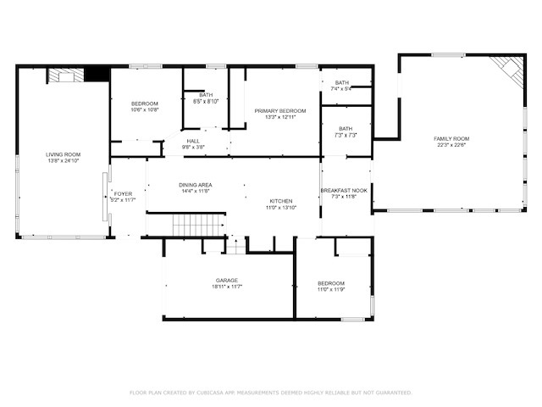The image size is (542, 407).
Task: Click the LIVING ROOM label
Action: (x=64, y=154)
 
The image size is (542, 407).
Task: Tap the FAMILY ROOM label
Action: (x=451, y=138)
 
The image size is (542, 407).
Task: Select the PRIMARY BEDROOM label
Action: (x=280, y=111)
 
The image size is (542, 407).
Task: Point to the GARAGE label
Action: (x=226, y=280)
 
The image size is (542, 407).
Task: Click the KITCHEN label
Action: (x=280, y=201)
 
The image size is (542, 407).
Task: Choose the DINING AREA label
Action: (x=195, y=185)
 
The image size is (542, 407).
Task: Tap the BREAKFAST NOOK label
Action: (x=344, y=190)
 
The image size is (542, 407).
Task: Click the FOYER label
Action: (x=123, y=194)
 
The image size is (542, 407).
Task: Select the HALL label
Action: (x=193, y=141)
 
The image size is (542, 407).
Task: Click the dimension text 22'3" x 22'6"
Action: (x=451, y=145)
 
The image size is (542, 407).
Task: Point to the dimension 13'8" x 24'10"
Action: (x=64, y=161)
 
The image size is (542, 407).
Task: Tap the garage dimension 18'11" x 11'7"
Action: (x=226, y=287)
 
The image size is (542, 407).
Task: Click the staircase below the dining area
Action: (x=200, y=226)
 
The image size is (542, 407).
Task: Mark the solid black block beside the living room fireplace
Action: (x=98, y=75)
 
